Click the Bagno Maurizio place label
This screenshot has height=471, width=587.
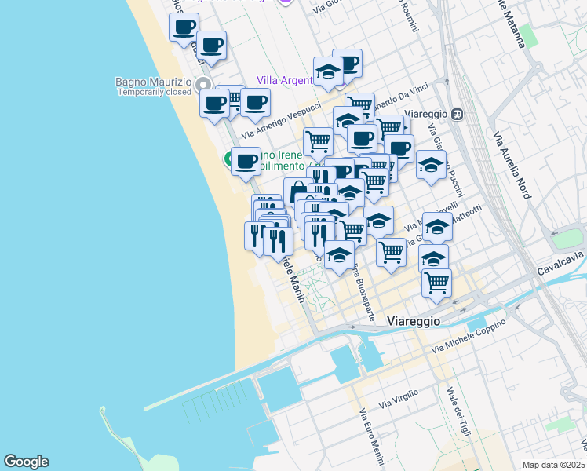point(153,82)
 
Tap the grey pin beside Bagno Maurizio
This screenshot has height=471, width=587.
point(203,84)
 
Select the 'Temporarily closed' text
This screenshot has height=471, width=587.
point(155,92)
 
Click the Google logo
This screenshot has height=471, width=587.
point(26,462)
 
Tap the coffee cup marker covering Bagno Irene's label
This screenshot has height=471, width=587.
point(246,161)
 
